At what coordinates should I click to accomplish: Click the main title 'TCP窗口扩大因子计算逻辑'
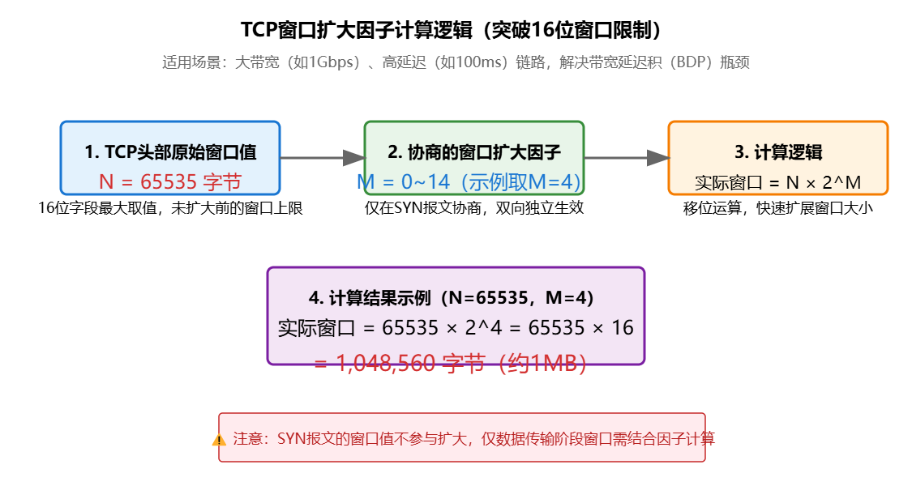pos(456,30)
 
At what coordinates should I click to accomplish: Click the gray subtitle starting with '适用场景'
pos(456,62)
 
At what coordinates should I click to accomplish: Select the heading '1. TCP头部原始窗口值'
pos(170,152)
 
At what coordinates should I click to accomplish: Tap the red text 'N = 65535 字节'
pos(170,181)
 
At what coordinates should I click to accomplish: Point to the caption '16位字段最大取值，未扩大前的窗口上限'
pos(170,208)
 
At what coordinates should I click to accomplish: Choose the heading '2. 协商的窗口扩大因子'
pos(474,152)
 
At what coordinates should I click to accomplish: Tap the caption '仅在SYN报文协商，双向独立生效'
pos(474,208)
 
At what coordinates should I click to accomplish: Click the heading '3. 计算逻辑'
pos(778,152)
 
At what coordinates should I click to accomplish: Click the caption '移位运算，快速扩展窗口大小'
pos(778,208)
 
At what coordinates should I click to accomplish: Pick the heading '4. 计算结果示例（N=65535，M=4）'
pos(456,298)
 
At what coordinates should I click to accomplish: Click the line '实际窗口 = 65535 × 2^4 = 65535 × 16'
pos(456,328)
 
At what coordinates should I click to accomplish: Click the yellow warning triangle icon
pos(219,440)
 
